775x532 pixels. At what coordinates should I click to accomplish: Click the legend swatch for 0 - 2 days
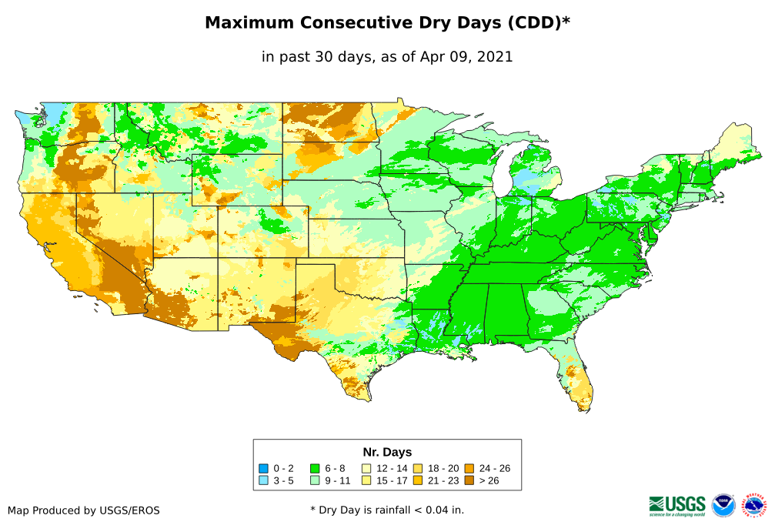click(264, 468)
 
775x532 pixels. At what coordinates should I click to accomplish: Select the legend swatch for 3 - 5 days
click(264, 480)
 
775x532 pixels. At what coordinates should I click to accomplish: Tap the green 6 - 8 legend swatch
click(315, 468)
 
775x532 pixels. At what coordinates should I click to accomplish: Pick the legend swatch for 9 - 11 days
click(315, 480)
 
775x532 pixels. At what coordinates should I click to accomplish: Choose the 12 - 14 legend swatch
click(366, 468)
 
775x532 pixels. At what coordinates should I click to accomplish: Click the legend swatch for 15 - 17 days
click(366, 480)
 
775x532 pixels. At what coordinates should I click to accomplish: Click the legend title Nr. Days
click(387, 452)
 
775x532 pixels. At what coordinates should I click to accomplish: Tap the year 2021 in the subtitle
click(495, 57)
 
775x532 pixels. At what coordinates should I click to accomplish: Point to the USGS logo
click(677, 504)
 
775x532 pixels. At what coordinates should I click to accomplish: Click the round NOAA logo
click(723, 505)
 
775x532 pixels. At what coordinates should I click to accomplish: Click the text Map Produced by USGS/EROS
click(84, 510)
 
